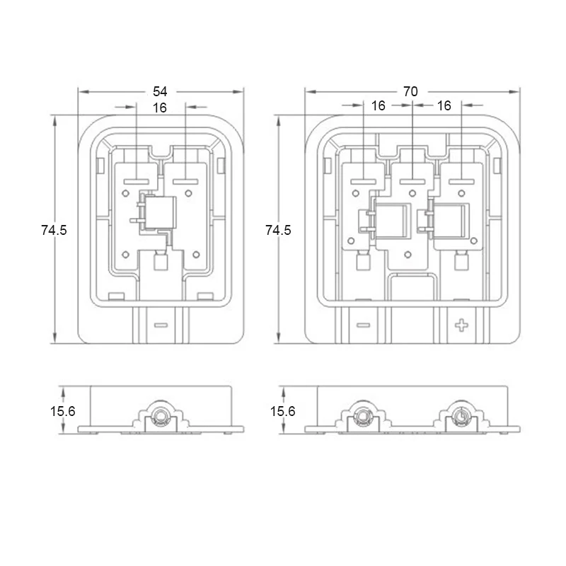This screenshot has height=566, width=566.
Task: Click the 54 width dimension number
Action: pyautogui.click(x=161, y=91)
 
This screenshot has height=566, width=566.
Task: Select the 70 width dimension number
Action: pyautogui.click(x=410, y=91)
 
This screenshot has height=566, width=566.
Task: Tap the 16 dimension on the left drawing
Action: pyautogui.click(x=160, y=108)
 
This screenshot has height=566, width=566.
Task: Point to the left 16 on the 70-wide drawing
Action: pyautogui.click(x=379, y=105)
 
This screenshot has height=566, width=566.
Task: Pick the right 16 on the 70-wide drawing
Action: pyautogui.click(x=444, y=105)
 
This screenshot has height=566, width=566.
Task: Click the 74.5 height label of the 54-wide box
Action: pyautogui.click(x=54, y=230)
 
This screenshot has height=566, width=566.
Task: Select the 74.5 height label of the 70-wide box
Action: pyautogui.click(x=278, y=230)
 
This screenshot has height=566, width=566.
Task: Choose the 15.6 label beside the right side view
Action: pyautogui.click(x=282, y=411)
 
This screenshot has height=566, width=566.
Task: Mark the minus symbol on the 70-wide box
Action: pyautogui.click(x=363, y=326)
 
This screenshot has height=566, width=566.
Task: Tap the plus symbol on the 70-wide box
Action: pyautogui.click(x=462, y=326)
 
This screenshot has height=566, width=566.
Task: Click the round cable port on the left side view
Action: pyautogui.click(x=159, y=417)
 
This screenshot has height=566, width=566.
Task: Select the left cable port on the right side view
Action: pyautogui.click(x=362, y=416)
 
